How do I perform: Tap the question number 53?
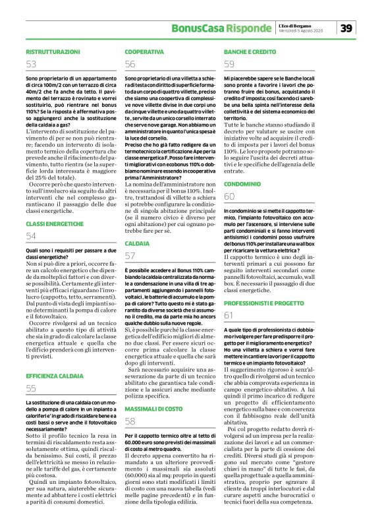(x=32, y=64)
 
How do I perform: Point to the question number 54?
(x=32, y=236)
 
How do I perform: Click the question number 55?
(x=32, y=388)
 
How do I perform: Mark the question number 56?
(x=130, y=64)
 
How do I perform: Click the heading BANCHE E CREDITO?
(x=250, y=51)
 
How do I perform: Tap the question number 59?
(x=230, y=64)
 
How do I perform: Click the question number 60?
(x=230, y=196)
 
